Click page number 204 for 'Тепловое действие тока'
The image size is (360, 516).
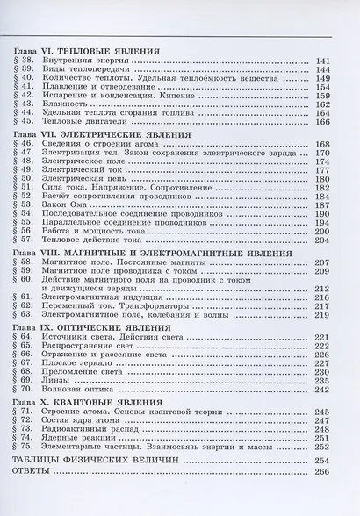pyautogui.click(x=321, y=240)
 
